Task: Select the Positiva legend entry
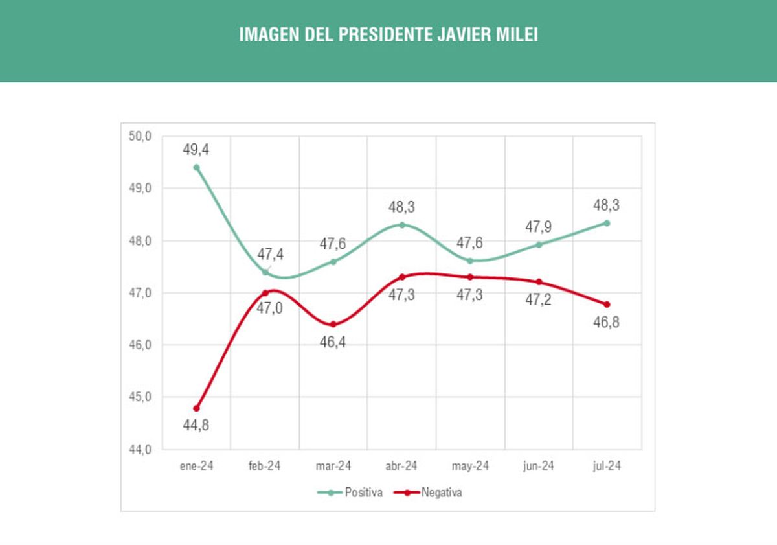click(x=363, y=493)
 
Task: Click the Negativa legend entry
click(x=442, y=493)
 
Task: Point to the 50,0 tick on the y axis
click(x=140, y=136)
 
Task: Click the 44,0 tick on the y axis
click(x=140, y=449)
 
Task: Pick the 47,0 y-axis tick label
click(x=140, y=293)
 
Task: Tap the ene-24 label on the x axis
click(x=196, y=467)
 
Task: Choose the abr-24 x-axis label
click(x=401, y=467)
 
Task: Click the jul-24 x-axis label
click(x=607, y=467)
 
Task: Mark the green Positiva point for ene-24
click(x=196, y=167)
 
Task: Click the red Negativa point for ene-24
click(x=196, y=408)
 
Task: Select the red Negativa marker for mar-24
click(x=333, y=325)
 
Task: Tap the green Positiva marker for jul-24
click(x=607, y=223)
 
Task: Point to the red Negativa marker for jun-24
click(x=539, y=282)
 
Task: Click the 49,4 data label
click(x=196, y=150)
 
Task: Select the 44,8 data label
click(x=196, y=426)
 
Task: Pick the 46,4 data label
click(x=333, y=342)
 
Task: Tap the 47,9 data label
click(x=539, y=227)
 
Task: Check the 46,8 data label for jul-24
click(x=607, y=322)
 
